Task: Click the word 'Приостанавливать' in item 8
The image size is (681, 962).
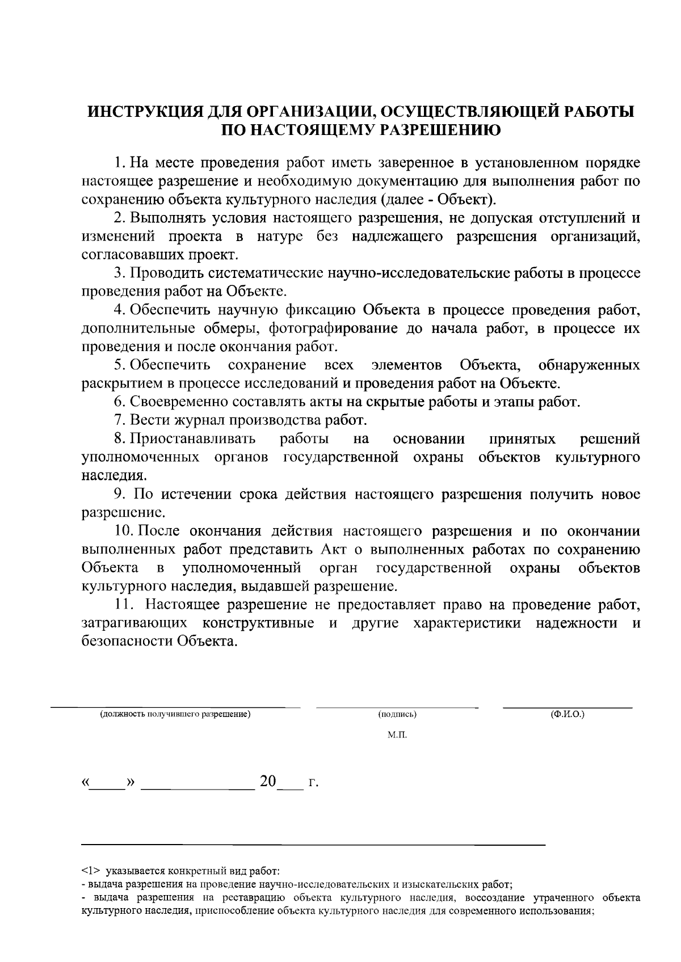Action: (192, 438)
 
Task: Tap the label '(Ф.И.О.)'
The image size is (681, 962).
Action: (567, 714)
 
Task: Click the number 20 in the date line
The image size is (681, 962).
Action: (268, 782)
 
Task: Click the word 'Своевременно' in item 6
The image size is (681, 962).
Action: (171, 402)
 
